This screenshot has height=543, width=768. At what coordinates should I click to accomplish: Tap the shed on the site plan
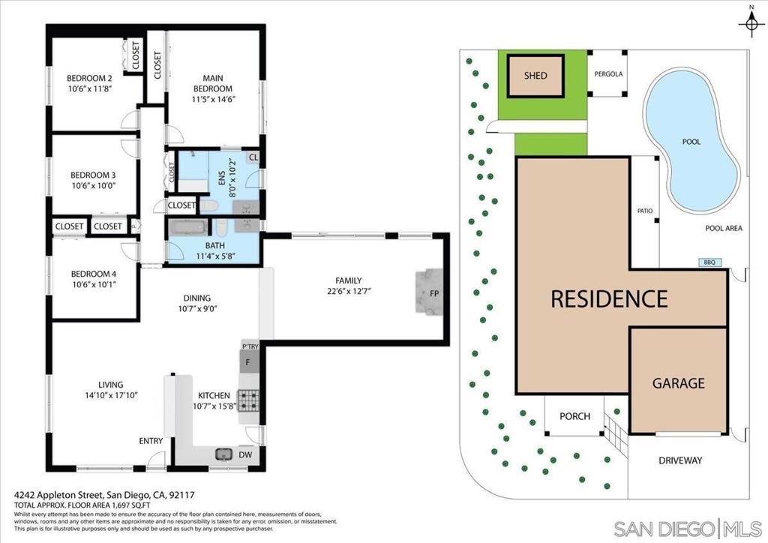click(x=535, y=76)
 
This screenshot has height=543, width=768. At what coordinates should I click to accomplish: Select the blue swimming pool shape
click(x=691, y=140)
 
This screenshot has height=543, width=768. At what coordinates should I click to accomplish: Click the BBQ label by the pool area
click(x=709, y=262)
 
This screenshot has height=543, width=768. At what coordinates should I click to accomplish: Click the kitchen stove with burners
click(x=249, y=400)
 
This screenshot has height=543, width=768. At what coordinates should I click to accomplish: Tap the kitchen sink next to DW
click(x=223, y=454)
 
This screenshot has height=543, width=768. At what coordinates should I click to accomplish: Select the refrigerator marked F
click(x=249, y=363)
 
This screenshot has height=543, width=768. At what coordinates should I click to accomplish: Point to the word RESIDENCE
click(x=609, y=298)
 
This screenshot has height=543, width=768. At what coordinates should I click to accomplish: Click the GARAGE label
click(x=678, y=383)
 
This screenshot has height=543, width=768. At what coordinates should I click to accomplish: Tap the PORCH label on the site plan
click(x=575, y=416)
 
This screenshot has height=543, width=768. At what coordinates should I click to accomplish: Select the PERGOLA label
click(x=608, y=74)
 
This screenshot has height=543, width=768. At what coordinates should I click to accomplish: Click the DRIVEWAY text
click(x=680, y=460)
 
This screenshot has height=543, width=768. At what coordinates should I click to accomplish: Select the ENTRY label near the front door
click(x=151, y=441)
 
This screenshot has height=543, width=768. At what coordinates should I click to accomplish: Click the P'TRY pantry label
click(x=249, y=346)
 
